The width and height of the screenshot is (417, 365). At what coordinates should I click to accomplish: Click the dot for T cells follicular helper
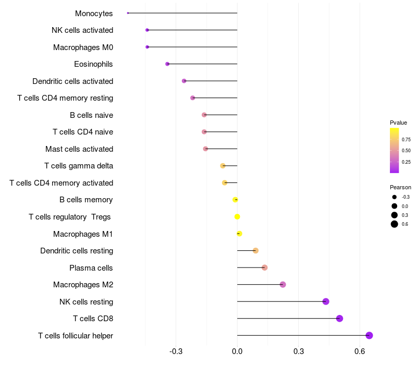tap(369, 335)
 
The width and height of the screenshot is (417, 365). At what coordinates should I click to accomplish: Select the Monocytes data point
tap(128, 13)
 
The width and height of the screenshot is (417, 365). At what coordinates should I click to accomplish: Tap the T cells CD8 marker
tap(339, 319)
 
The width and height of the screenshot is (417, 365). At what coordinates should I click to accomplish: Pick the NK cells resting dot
tap(326, 301)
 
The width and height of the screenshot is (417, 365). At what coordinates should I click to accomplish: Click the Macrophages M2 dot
tap(283, 285)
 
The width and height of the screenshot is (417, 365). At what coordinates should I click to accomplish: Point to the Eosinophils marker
tap(167, 64)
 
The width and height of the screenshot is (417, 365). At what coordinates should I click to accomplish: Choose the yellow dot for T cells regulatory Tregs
tap(237, 217)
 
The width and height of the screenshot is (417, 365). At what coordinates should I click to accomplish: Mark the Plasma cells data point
tap(264, 267)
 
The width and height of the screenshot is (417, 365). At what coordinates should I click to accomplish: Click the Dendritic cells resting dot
tap(255, 251)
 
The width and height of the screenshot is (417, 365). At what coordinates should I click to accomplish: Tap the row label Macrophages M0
tap(83, 47)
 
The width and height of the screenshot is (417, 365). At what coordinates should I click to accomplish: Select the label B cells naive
tap(91, 115)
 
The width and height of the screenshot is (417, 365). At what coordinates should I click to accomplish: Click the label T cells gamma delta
tap(79, 166)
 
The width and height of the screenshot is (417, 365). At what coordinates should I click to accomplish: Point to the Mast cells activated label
tap(79, 149)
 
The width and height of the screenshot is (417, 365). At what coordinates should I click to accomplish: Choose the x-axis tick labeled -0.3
tap(176, 352)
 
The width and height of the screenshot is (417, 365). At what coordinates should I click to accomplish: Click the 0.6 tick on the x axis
tap(360, 352)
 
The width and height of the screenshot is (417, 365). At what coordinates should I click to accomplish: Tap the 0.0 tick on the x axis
tap(237, 352)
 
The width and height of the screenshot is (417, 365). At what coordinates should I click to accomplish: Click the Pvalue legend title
tap(398, 123)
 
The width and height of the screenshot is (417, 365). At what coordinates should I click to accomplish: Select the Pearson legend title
tap(400, 187)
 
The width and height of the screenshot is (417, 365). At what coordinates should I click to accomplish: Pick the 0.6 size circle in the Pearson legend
tap(395, 224)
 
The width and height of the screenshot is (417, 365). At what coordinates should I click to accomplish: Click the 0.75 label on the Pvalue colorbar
tap(406, 139)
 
